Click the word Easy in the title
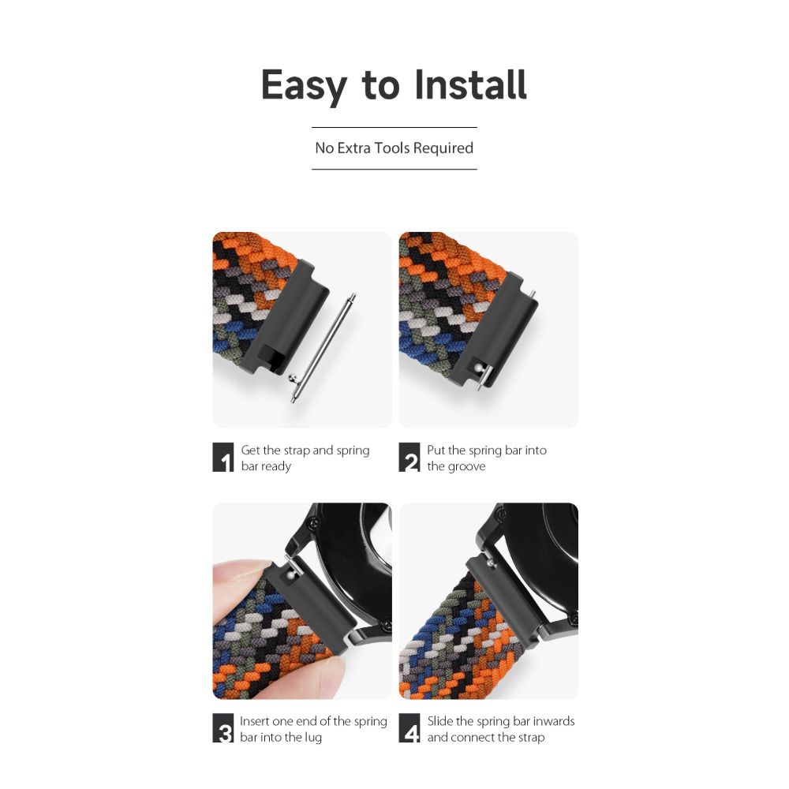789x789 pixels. click(304, 85)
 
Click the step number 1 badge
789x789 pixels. click(223, 457)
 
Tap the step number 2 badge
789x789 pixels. click(409, 457)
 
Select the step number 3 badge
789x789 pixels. click(223, 727)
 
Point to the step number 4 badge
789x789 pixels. click(409, 727)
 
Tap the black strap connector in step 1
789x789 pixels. click(287, 318)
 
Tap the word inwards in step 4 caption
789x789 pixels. click(554, 721)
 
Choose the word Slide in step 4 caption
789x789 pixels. click(440, 721)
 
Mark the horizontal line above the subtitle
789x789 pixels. click(394, 127)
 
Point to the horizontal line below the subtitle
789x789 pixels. click(394, 169)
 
